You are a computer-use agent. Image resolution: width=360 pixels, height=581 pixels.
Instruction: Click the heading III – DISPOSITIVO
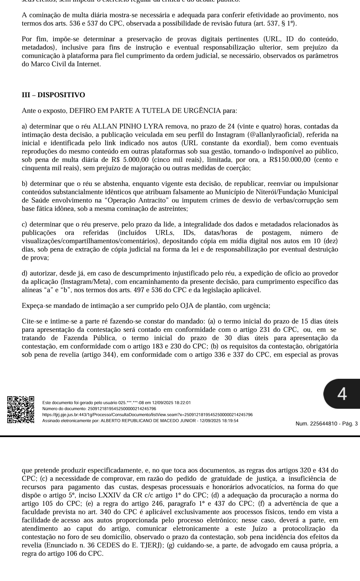[53, 95]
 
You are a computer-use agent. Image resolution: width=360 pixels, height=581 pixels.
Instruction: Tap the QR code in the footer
[21, 409]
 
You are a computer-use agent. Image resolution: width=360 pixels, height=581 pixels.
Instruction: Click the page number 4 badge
[342, 394]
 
